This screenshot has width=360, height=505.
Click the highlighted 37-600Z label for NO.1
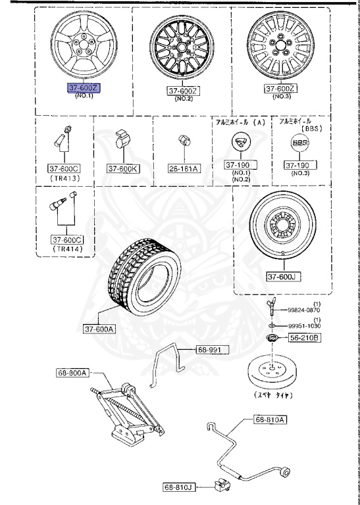(x=82, y=87)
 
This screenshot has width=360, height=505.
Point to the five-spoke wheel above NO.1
(x=82, y=45)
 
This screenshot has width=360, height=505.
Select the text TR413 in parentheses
(x=64, y=178)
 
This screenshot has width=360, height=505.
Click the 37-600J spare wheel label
(x=282, y=277)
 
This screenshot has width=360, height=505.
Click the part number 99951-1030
(x=305, y=327)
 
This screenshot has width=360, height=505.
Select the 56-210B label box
(x=305, y=338)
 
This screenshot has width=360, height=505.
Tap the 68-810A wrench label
(x=270, y=419)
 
